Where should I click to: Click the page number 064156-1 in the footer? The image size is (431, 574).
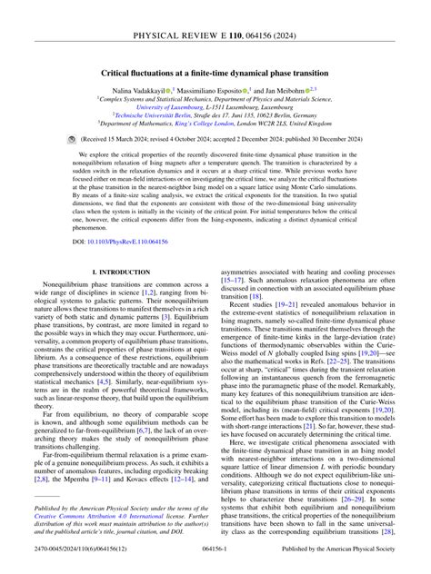click(x=215, y=564)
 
